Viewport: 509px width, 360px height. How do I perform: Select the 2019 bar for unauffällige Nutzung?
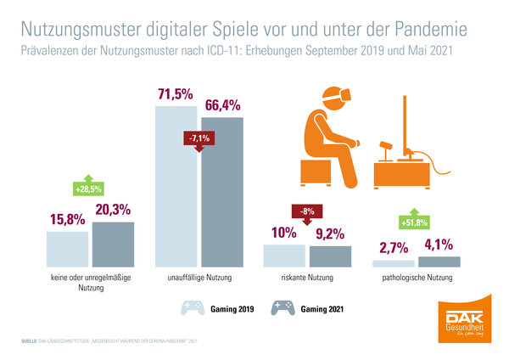(177, 187)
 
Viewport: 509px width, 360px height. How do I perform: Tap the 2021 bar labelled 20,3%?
(114, 245)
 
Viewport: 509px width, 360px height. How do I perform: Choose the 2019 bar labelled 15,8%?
(68, 250)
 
